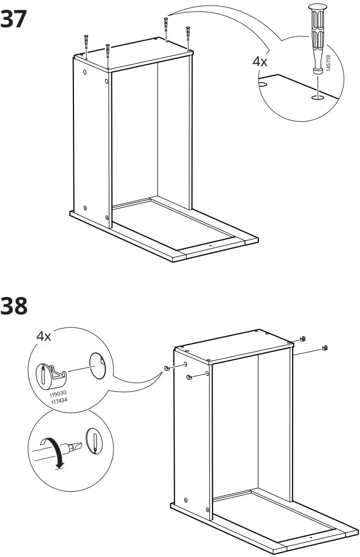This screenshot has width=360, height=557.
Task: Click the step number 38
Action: (x=14, y=306)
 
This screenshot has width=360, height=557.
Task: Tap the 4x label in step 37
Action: (x=260, y=62)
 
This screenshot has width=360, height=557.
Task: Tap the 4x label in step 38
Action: (x=44, y=337)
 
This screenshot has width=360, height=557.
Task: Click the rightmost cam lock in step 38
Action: (x=324, y=349)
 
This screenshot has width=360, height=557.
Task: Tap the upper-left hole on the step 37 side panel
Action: (x=85, y=71)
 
